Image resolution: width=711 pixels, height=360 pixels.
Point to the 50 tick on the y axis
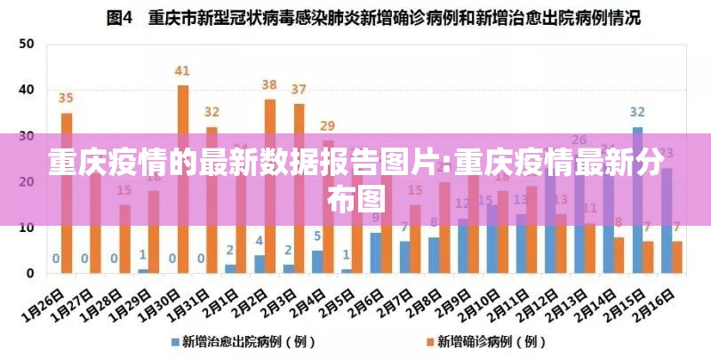point(27,44)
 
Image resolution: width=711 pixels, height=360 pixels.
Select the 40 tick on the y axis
point(27,90)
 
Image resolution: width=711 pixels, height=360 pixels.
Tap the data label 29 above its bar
point(328,125)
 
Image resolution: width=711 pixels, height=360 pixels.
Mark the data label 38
point(270,84)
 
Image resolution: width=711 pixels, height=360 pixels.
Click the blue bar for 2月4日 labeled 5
point(317,262)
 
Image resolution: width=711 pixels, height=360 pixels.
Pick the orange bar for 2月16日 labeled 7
point(677,257)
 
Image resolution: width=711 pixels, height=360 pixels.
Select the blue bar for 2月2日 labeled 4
point(260,264)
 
